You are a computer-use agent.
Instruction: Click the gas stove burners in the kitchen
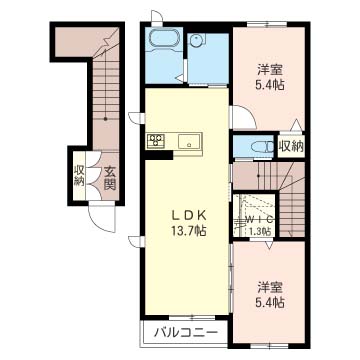[x=157, y=140]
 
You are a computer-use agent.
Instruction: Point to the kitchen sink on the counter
[x=189, y=141]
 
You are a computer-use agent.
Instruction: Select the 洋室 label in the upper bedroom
[x=269, y=70]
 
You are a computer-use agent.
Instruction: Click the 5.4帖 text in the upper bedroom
[x=269, y=86]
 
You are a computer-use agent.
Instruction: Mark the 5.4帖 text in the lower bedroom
[x=269, y=301]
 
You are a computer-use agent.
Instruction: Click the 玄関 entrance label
[x=109, y=177]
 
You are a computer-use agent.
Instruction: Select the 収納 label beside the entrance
[x=79, y=177]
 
